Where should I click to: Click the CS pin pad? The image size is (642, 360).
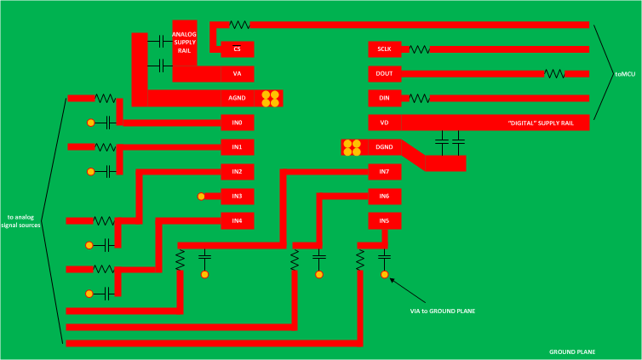pyautogui.click(x=237, y=49)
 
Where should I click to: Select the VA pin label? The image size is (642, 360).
pyautogui.click(x=237, y=74)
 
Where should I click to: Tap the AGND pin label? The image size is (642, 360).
pyautogui.click(x=237, y=99)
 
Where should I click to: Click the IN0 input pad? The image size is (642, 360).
pyautogui.click(x=237, y=123)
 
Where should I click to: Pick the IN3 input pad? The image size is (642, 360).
pyautogui.click(x=237, y=197)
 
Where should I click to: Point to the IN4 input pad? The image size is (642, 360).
pyautogui.click(x=237, y=221)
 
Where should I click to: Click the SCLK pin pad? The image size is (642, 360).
pyautogui.click(x=384, y=49)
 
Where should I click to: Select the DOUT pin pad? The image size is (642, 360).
pyautogui.click(x=384, y=74)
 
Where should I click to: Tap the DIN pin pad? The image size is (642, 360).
pyautogui.click(x=384, y=99)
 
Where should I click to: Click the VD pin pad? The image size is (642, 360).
pyautogui.click(x=384, y=123)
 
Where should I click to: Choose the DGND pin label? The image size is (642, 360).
pyautogui.click(x=384, y=148)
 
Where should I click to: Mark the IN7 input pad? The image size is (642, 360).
pyautogui.click(x=384, y=172)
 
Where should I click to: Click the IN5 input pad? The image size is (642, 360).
pyautogui.click(x=384, y=221)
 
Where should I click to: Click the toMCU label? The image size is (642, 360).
pyautogui.click(x=625, y=75)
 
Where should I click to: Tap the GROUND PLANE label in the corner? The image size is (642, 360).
pyautogui.click(x=572, y=351)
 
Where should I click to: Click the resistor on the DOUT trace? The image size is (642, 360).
pyautogui.click(x=554, y=74)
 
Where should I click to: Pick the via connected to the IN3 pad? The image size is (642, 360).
pyautogui.click(x=202, y=197)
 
